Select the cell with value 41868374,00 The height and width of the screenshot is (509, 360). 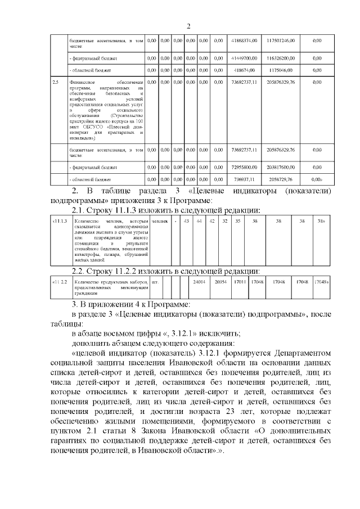pyautogui.click(x=244, y=41)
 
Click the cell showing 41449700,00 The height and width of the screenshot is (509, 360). pyautogui.click(x=244, y=58)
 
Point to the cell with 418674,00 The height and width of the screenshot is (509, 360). pyautogui.click(x=244, y=70)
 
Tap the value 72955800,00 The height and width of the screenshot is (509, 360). pyautogui.click(x=244, y=167)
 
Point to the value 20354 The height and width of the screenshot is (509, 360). pyautogui.click(x=220, y=281)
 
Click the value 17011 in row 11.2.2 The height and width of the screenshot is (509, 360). pyautogui.click(x=240, y=281)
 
